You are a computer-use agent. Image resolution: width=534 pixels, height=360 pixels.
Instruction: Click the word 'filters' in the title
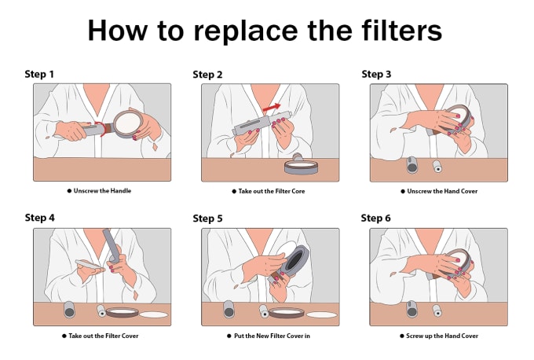point(402,31)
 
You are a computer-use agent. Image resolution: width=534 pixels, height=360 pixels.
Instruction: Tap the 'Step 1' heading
point(39,74)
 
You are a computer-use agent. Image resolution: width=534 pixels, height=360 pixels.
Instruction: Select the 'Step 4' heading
point(39,218)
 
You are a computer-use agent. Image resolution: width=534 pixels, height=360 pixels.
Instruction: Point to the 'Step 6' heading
point(375,218)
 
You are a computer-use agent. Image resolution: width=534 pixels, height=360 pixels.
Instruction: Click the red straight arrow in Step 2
point(272,108)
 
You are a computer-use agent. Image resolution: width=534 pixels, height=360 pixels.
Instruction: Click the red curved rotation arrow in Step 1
point(101,129)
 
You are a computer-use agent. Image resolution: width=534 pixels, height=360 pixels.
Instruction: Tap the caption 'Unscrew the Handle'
point(102,191)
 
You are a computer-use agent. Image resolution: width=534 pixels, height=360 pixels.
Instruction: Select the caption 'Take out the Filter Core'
point(272,191)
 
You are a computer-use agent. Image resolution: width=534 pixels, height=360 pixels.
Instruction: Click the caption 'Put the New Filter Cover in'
point(272,336)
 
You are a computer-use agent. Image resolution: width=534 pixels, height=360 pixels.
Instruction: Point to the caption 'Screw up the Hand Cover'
point(442,336)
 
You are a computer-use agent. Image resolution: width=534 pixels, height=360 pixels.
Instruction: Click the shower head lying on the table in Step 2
point(301,164)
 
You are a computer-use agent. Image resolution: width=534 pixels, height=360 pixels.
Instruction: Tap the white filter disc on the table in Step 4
point(154,314)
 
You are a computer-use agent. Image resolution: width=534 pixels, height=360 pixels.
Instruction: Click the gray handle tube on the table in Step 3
point(411,165)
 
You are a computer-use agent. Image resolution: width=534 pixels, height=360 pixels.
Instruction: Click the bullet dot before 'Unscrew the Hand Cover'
point(403,192)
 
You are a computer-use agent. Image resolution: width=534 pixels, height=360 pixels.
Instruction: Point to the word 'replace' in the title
point(246,31)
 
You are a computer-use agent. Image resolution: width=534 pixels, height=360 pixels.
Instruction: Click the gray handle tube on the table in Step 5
point(229,309)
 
